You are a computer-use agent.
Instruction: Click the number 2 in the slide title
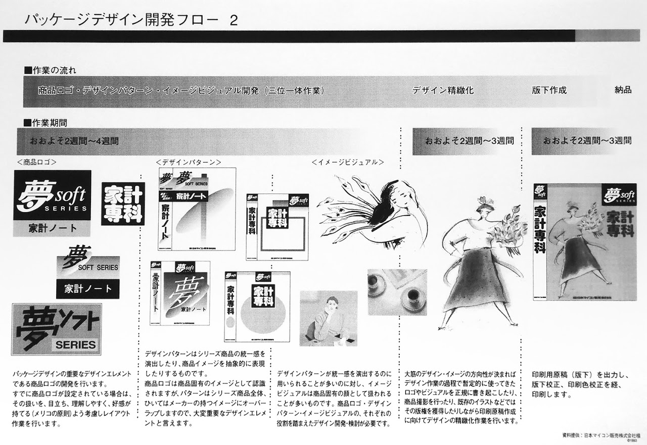click(234, 20)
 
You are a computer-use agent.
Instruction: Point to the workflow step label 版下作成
click(549, 90)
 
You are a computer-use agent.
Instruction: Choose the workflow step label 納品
click(623, 90)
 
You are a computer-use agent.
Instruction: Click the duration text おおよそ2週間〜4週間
click(75, 141)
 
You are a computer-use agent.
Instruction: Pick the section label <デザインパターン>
click(188, 162)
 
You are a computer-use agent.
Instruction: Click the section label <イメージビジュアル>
click(347, 162)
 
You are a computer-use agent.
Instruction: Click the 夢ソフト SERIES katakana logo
click(56, 329)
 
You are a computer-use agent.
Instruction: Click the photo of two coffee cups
click(397, 292)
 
